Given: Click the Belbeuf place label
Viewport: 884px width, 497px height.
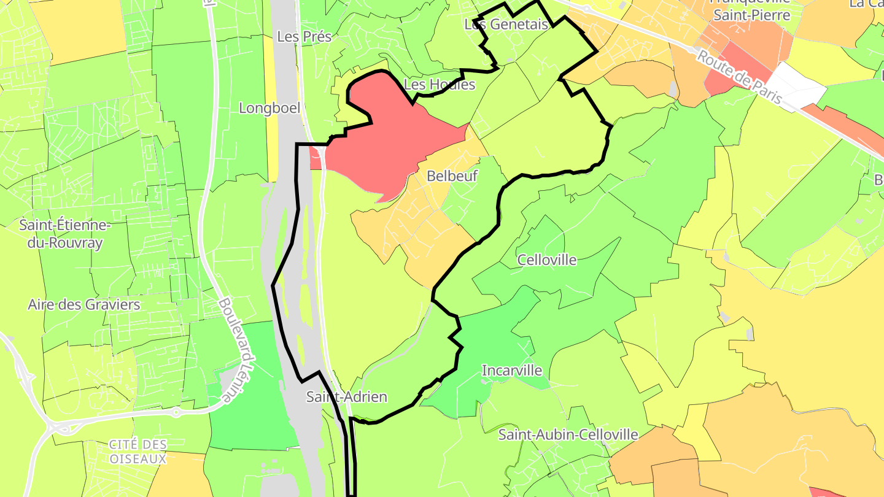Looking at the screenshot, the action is point(452,176).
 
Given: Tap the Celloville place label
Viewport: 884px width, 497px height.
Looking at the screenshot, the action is point(547,260).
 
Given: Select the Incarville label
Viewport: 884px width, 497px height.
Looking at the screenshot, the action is point(512,370).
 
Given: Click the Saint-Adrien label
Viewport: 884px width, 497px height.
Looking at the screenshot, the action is point(347,397).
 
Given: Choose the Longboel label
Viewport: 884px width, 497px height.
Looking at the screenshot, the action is point(269,108).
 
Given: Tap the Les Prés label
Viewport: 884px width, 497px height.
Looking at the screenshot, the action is point(304,36).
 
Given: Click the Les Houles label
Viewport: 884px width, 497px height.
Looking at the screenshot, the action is point(440,85).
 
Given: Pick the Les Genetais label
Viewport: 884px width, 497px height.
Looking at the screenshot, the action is point(506,25).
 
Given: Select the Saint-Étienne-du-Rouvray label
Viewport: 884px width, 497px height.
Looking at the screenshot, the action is point(65,234).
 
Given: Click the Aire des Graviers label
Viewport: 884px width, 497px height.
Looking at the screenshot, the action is point(84,304).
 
